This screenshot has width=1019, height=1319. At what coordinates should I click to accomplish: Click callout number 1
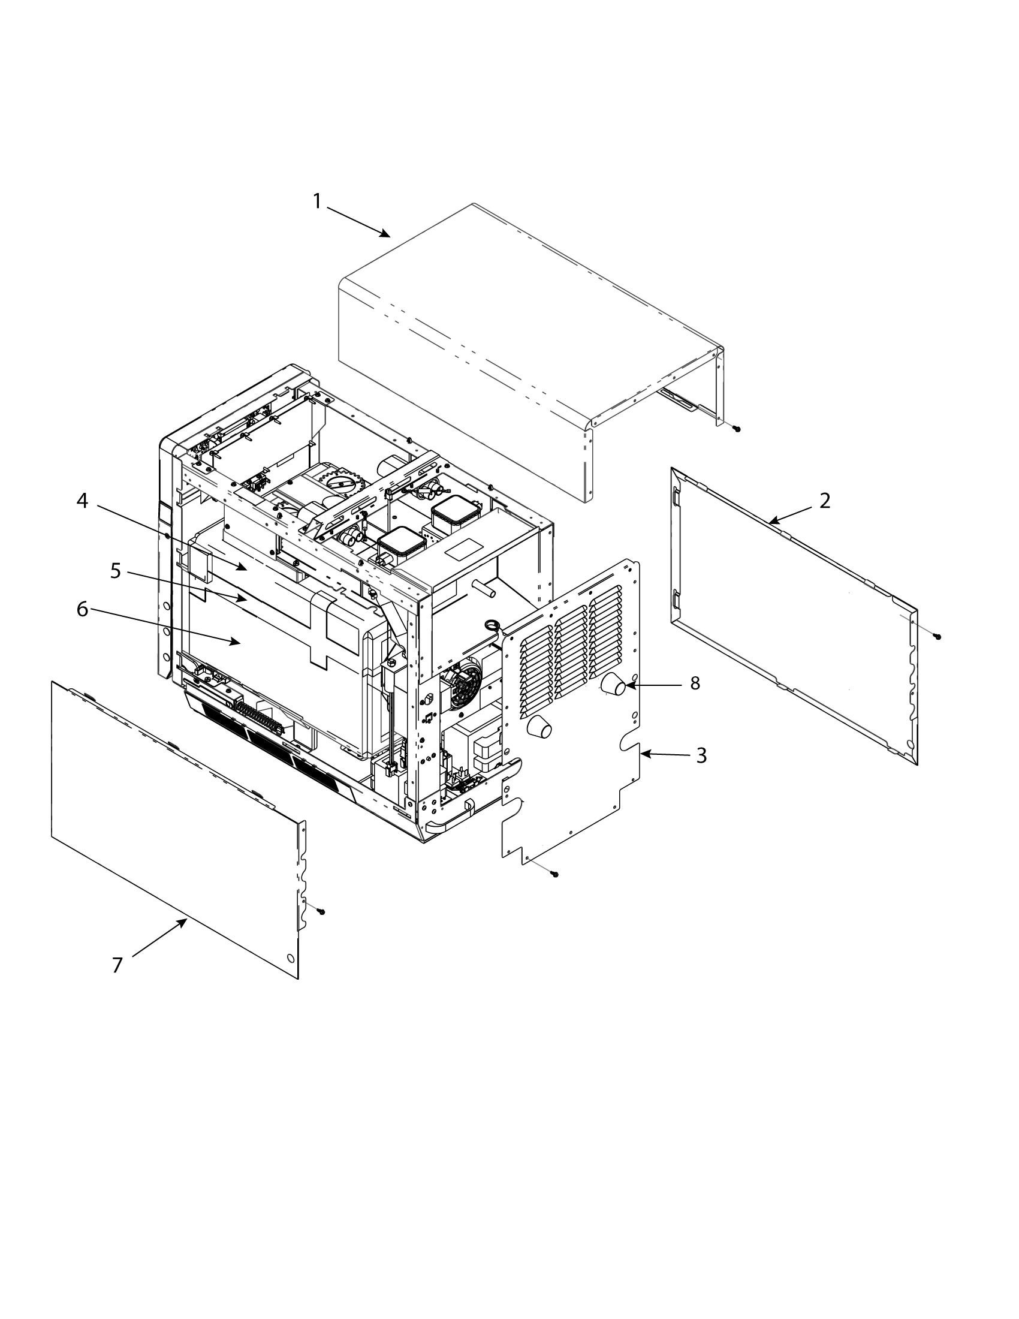click(318, 201)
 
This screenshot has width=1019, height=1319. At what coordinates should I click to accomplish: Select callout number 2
click(825, 501)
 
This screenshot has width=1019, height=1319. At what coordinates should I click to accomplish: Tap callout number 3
click(701, 755)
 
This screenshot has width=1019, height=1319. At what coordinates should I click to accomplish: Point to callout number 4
click(82, 501)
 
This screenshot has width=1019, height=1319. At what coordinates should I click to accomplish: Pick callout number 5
click(115, 571)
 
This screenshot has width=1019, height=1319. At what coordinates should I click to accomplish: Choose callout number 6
click(82, 609)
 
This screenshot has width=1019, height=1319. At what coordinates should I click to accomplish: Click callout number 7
click(117, 965)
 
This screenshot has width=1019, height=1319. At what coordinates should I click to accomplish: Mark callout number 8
click(695, 683)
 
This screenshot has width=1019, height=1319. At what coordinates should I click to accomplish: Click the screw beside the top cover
click(737, 429)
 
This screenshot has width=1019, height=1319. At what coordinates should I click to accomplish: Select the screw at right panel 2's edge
click(937, 636)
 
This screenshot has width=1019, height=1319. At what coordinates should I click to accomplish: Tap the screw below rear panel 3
click(555, 874)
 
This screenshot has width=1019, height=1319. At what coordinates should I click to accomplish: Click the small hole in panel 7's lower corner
click(290, 959)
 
